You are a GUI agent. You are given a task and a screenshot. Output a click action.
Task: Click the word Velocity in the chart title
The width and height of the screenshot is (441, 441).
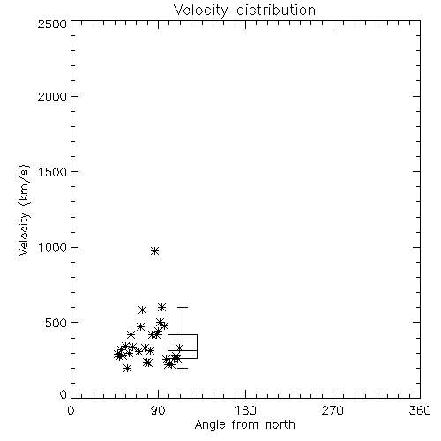200,11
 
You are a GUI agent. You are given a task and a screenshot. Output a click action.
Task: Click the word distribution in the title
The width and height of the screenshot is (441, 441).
276,10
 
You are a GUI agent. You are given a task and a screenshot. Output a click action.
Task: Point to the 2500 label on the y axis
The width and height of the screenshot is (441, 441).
52,24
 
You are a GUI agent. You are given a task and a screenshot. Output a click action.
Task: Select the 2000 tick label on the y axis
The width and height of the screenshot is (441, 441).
52,96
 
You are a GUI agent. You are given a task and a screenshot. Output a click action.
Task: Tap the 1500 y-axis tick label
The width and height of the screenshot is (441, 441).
53,172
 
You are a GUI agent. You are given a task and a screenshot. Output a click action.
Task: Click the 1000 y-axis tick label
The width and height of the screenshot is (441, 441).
53,248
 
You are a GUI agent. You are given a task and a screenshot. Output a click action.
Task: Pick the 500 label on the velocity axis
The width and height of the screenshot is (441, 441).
56,323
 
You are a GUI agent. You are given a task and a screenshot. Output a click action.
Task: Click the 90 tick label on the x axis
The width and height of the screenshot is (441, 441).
158,410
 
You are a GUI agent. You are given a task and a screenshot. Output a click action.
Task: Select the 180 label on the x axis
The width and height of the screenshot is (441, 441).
245,410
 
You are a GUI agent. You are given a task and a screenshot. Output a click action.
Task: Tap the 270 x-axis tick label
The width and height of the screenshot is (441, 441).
333,410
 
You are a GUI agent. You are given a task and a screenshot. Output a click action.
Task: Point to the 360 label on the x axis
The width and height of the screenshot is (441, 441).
420,410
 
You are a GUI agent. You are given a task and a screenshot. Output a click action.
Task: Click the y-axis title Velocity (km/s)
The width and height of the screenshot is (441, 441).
24,210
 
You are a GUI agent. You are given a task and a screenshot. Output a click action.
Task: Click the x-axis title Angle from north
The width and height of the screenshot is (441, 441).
244,425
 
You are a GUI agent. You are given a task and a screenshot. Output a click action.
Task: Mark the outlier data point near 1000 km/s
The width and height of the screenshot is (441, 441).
155,251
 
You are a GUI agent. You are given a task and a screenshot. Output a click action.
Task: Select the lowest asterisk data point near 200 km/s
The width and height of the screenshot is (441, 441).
127,368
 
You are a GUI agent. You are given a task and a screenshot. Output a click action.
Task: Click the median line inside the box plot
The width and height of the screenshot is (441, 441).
183,350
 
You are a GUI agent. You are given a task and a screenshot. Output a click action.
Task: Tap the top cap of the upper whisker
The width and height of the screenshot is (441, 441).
183,308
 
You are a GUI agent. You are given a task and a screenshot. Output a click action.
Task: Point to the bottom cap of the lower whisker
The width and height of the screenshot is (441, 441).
183,368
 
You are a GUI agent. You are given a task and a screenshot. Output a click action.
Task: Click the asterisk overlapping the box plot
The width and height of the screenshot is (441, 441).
179,348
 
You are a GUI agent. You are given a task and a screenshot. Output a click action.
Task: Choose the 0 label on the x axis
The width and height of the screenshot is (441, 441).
71,410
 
